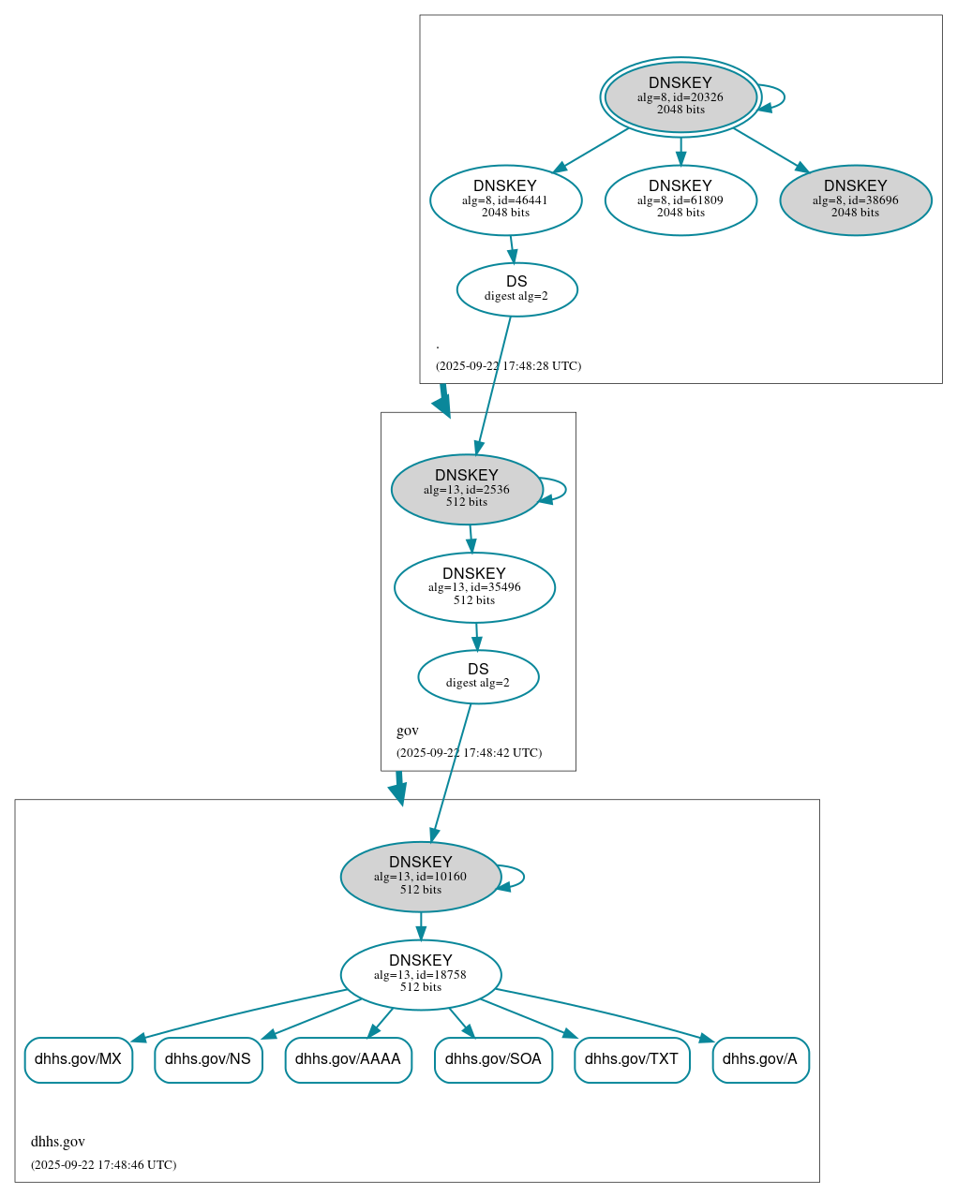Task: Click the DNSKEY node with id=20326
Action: [680, 96]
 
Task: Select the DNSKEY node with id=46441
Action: [505, 199]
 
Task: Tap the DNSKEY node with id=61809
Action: [680, 199]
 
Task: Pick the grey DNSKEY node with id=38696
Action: [855, 199]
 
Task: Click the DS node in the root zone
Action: [516, 289]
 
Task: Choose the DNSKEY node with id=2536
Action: [466, 489]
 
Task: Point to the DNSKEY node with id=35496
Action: [474, 587]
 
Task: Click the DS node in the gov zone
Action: [478, 676]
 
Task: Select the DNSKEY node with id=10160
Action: [421, 877]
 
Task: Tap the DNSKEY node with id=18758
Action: [421, 975]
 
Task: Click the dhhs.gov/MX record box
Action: [79, 1059]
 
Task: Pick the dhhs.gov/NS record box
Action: [208, 1059]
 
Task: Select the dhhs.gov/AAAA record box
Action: [348, 1059]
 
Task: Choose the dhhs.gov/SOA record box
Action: [493, 1059]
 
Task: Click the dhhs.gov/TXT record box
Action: [632, 1059]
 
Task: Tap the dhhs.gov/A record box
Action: [760, 1059]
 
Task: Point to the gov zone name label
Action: [408, 731]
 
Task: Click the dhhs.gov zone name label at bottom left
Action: [58, 1142]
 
